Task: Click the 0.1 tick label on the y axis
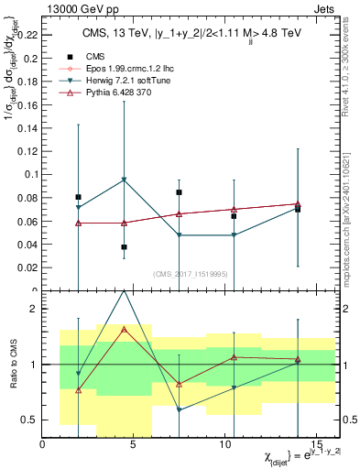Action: [x=32, y=174]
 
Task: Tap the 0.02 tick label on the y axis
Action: [x=29, y=268]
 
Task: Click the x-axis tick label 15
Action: [x=315, y=444]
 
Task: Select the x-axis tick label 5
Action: [x=134, y=444]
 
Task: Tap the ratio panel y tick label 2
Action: [x=34, y=309]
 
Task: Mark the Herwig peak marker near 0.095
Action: [x=124, y=180]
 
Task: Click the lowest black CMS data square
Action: [x=124, y=247]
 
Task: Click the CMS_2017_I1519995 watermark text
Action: [x=191, y=274]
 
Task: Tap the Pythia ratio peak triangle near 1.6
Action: [x=124, y=329]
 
